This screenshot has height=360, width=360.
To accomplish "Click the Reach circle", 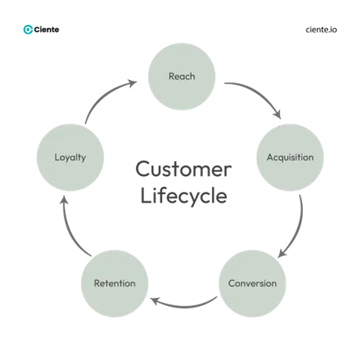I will click(182, 76).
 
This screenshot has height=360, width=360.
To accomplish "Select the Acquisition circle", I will click(290, 157).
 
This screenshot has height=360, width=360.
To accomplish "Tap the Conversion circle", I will click(251, 283).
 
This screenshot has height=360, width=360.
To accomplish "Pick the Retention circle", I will click(114, 283).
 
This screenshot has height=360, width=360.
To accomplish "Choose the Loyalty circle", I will click(70, 157).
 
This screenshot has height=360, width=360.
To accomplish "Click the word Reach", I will click(182, 76).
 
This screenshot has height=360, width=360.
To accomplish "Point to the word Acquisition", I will click(290, 157).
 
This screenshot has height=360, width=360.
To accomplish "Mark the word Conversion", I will click(251, 283).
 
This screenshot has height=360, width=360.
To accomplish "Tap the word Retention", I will click(114, 283).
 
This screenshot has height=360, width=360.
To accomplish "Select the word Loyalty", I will click(70, 157).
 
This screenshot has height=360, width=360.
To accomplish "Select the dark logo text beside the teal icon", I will click(49, 32).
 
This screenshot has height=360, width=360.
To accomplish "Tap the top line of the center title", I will click(182, 167).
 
